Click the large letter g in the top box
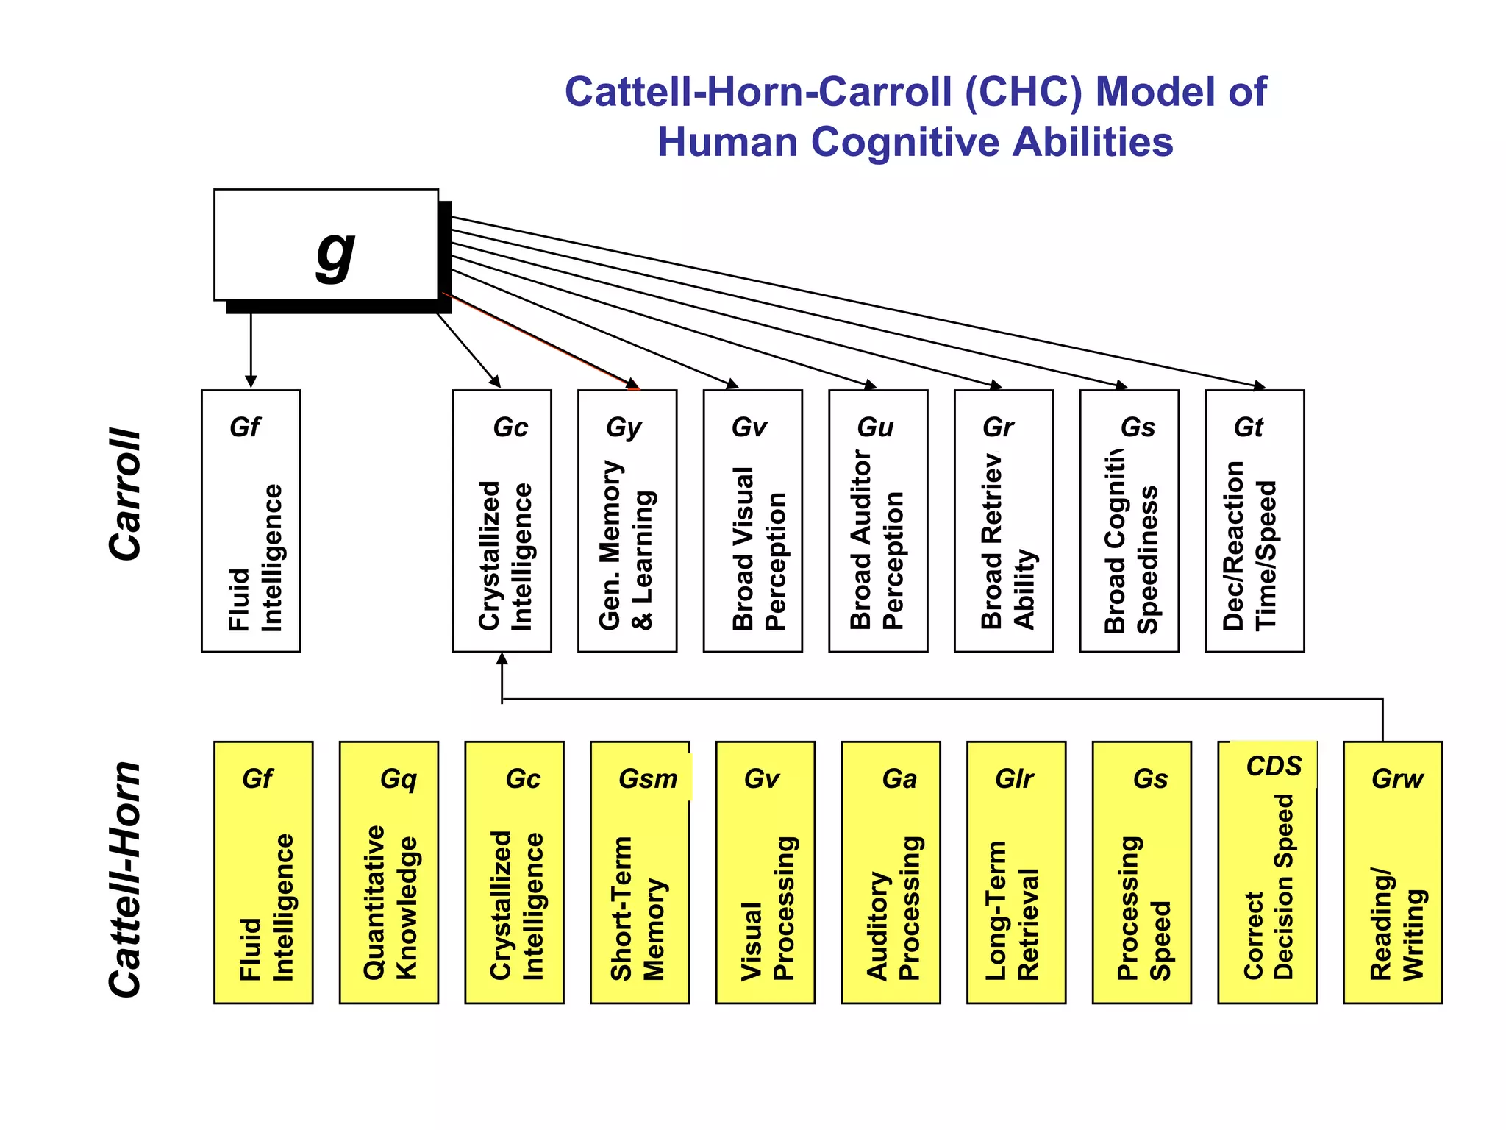coord(335,255)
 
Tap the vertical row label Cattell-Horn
coord(125,879)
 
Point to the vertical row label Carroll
coord(125,494)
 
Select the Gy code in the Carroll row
coord(624,427)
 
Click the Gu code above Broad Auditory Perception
coord(875,427)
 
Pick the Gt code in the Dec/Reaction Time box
coord(1249,427)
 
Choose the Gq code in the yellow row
coord(399,779)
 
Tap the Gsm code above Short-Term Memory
coord(648,779)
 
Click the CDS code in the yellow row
coord(1274,767)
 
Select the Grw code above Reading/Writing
coord(1397,779)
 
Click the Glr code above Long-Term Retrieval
coord(1015,779)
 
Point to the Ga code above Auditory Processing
coord(899,779)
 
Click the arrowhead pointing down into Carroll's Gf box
coord(251,382)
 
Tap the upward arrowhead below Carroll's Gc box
coord(502,658)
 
